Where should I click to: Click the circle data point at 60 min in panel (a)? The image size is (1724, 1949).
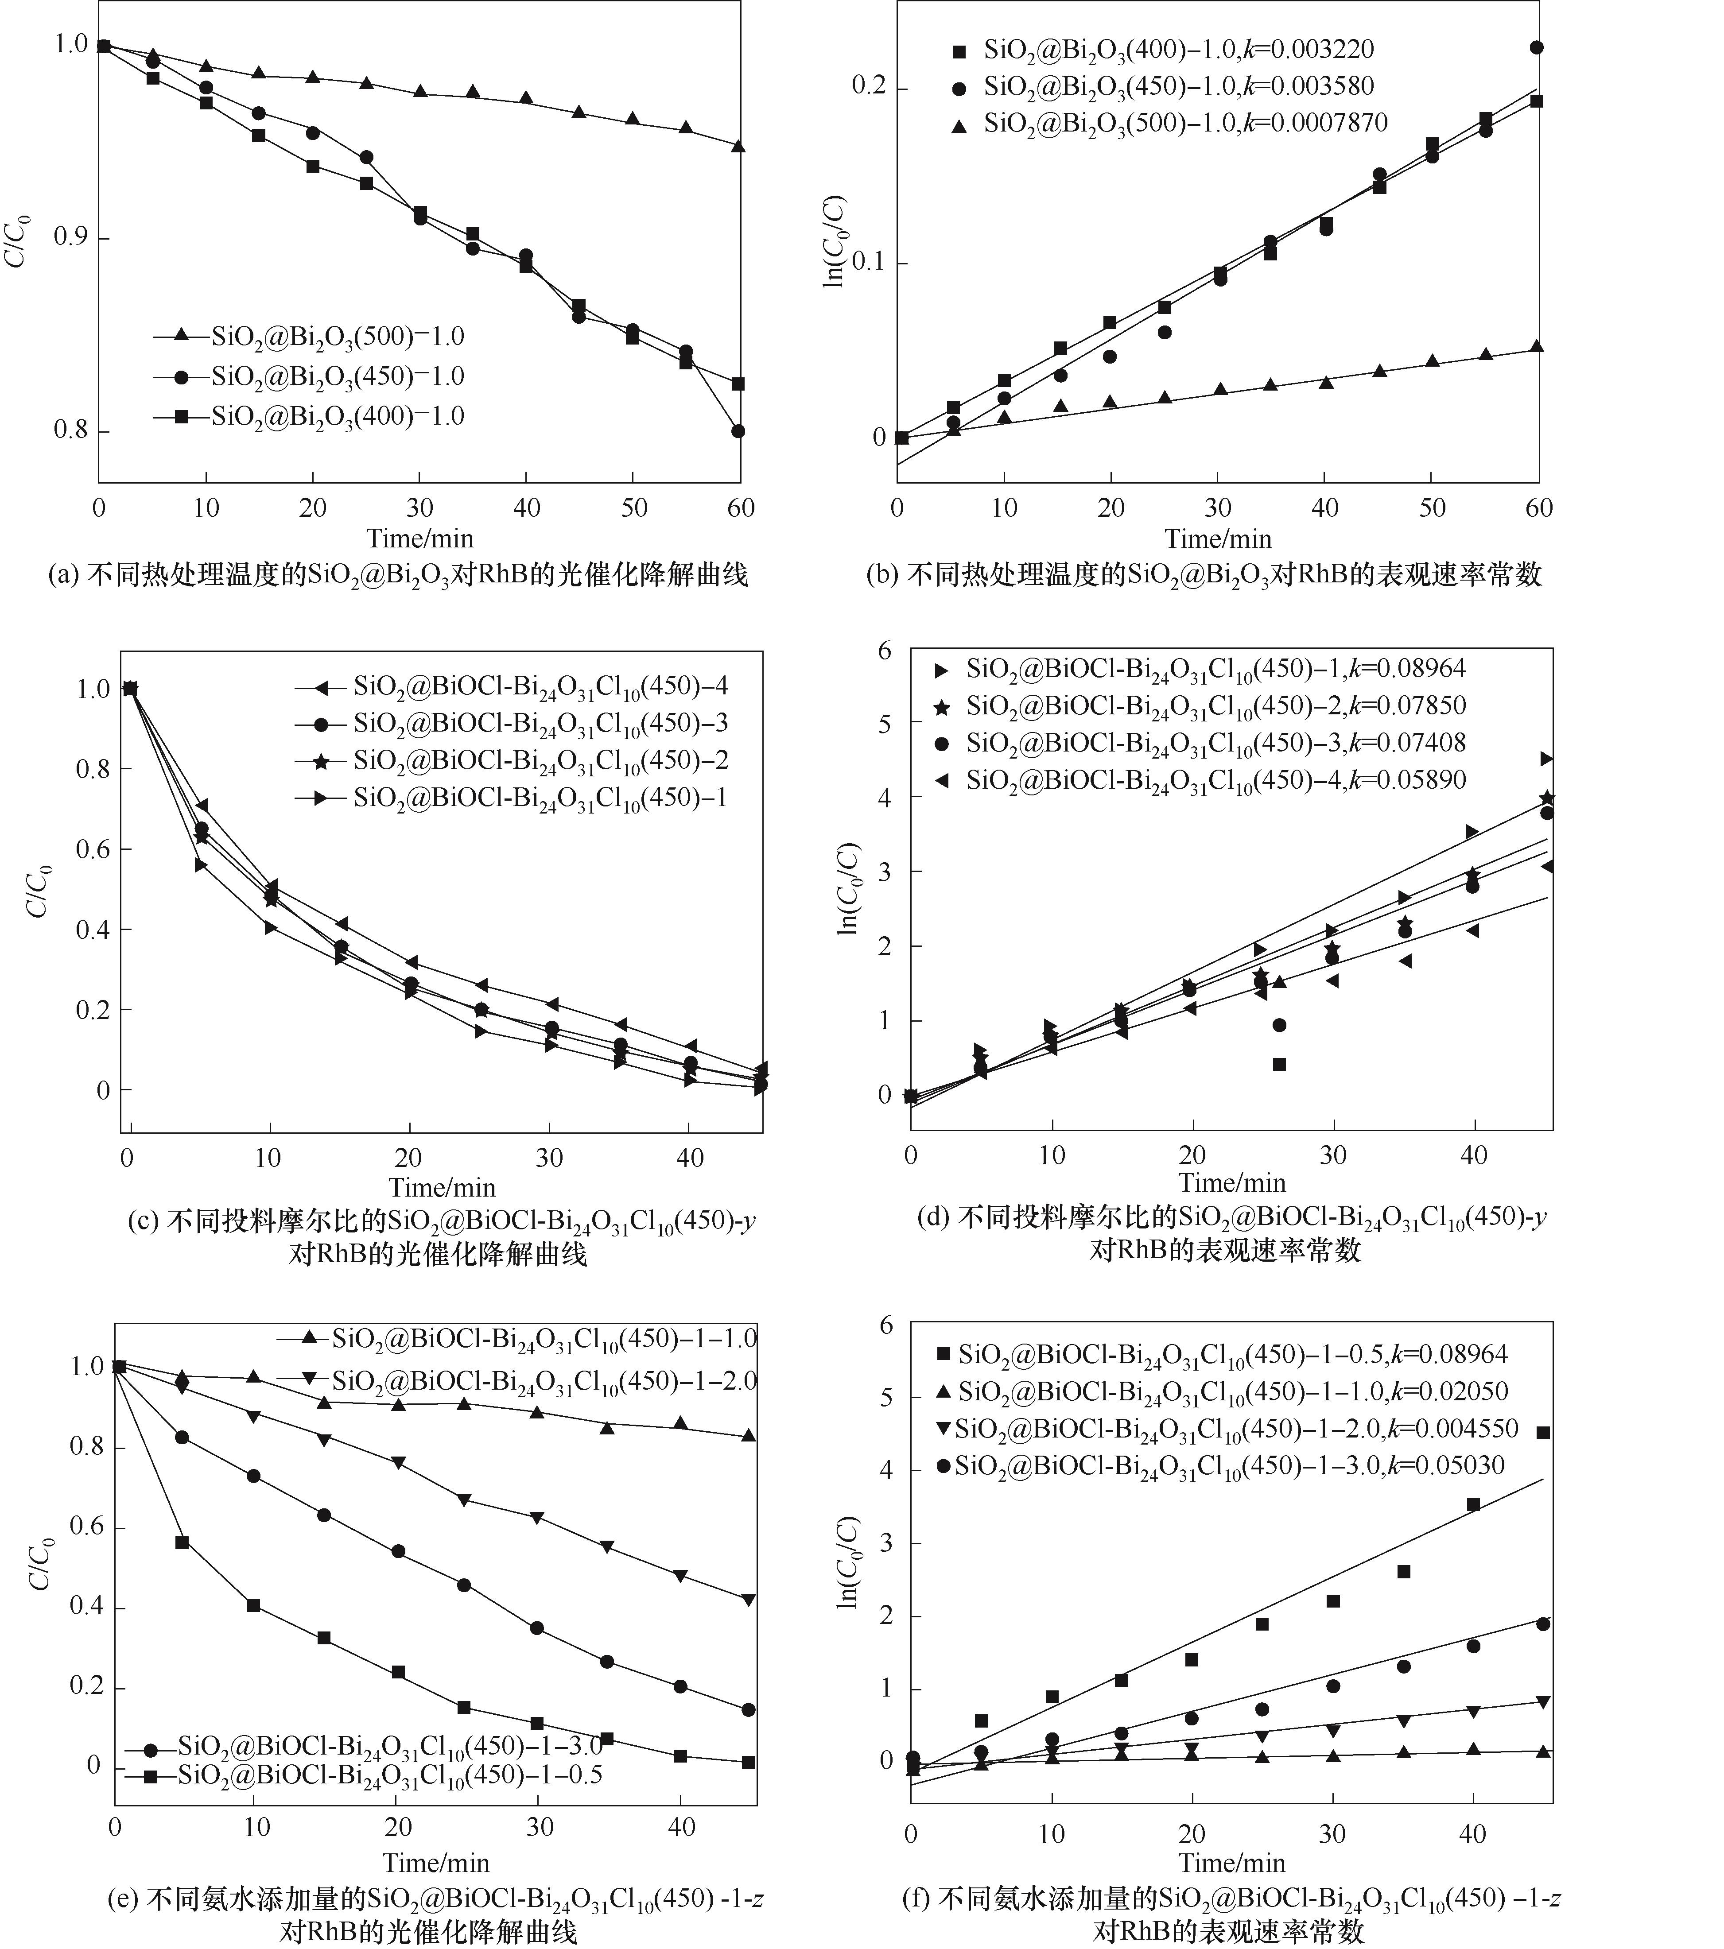738,431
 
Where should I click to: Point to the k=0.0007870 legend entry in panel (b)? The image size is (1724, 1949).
1185,123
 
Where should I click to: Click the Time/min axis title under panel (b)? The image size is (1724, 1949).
1218,539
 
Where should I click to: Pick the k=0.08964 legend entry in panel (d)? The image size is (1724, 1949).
1216,668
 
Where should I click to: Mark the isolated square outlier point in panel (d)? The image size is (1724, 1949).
1280,1064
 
